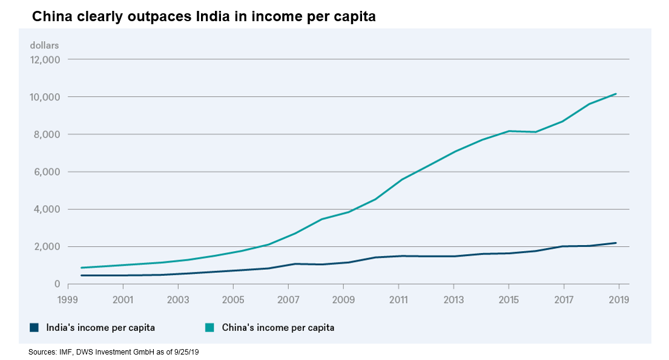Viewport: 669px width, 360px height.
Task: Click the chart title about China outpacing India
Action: point(204,17)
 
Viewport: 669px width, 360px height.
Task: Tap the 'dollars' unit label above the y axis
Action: point(44,45)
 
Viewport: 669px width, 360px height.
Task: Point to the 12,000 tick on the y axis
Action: point(44,59)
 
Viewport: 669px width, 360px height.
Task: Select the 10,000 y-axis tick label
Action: point(44,97)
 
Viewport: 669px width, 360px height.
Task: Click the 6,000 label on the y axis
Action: point(46,172)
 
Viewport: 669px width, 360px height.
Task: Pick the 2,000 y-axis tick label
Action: point(46,247)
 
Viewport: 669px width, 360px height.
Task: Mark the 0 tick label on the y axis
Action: point(56,284)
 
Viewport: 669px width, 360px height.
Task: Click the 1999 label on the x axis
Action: point(68,299)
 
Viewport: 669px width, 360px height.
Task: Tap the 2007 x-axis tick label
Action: point(288,299)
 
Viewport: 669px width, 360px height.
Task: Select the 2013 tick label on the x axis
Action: point(453,299)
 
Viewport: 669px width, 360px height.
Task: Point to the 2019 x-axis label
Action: point(619,299)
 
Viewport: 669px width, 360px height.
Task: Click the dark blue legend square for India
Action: point(35,328)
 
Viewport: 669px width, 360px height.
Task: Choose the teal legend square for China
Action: point(209,328)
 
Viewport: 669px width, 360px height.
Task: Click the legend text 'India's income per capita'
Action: point(101,328)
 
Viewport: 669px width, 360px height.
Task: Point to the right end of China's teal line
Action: point(616,94)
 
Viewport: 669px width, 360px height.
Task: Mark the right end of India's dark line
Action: point(616,243)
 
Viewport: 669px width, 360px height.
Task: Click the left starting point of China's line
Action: point(81,267)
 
